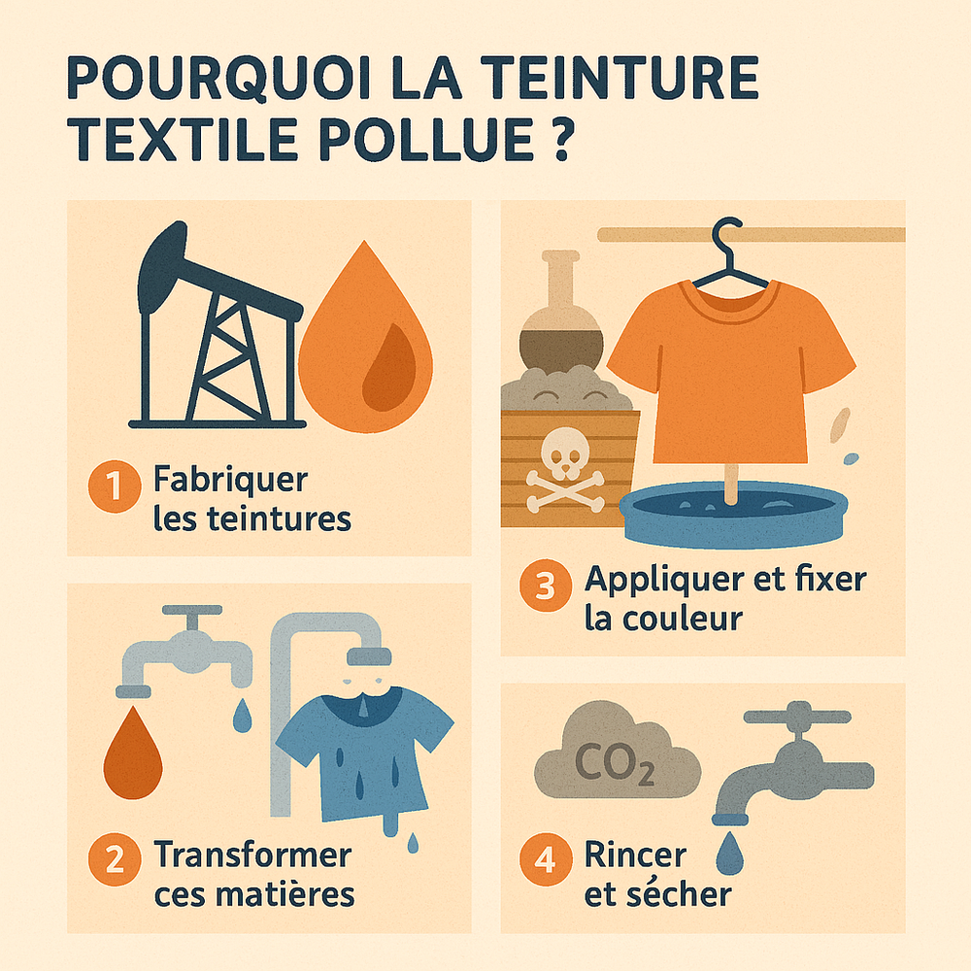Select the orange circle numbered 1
coord(114,488)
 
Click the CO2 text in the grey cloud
coord(614,763)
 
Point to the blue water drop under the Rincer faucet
coord(725,855)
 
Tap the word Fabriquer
coord(230,481)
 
